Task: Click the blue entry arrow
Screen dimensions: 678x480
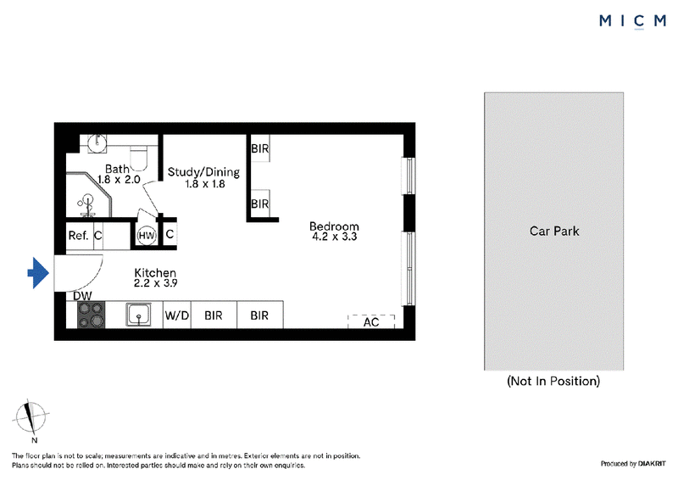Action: [x=38, y=273]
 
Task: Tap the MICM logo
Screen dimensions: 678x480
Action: [x=632, y=20]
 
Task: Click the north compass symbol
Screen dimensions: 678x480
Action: [x=31, y=417]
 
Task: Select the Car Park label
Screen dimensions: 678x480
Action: [x=554, y=232]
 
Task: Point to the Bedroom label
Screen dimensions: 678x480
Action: [x=334, y=226]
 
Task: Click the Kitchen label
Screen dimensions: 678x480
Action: [x=155, y=273]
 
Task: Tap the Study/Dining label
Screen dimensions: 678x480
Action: [x=203, y=172]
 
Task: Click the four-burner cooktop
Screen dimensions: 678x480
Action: [x=92, y=315]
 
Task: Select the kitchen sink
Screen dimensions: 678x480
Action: [x=139, y=315]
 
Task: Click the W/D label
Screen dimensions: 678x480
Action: [x=177, y=315]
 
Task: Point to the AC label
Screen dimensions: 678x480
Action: [x=371, y=322]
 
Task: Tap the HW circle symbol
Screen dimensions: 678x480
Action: [x=147, y=236]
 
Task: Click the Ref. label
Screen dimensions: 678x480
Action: [x=78, y=236]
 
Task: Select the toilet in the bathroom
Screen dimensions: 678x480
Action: [x=139, y=158]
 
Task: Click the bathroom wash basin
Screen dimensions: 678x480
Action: [x=97, y=142]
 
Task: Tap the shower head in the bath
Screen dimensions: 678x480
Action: [x=88, y=203]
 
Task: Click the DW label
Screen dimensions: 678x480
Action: [x=82, y=296]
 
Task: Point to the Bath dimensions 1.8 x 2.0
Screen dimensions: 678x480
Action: [x=119, y=180]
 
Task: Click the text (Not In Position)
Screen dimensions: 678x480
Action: [x=553, y=381]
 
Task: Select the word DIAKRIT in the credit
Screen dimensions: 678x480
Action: [x=652, y=464]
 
